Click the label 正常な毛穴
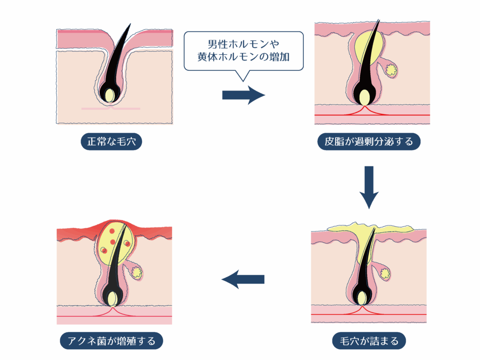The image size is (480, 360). point(111,142)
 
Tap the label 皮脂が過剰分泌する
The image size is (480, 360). point(369,142)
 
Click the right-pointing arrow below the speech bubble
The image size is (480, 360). point(243,95)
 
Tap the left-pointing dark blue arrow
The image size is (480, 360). point(243,279)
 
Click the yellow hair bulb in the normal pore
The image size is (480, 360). point(110,95)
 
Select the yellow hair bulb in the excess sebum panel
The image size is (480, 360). point(365,98)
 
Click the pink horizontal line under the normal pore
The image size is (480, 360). point(111,109)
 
